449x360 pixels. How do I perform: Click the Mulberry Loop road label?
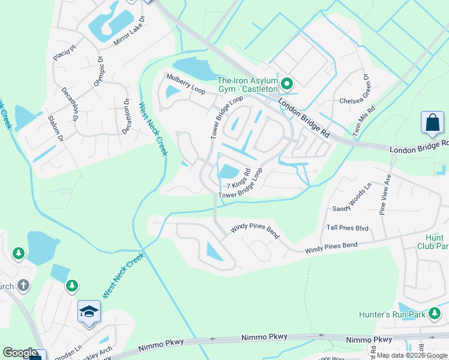coord(185,84)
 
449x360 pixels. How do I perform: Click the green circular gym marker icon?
coord(287,83)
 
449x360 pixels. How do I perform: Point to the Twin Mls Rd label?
coord(364,122)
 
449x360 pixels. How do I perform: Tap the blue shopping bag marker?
coord(432,123)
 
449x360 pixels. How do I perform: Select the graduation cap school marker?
coord(89,311)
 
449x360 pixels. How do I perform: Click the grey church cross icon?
coord(23,284)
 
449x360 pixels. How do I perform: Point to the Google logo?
coord(20,353)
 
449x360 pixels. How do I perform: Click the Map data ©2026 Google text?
coord(411,355)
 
